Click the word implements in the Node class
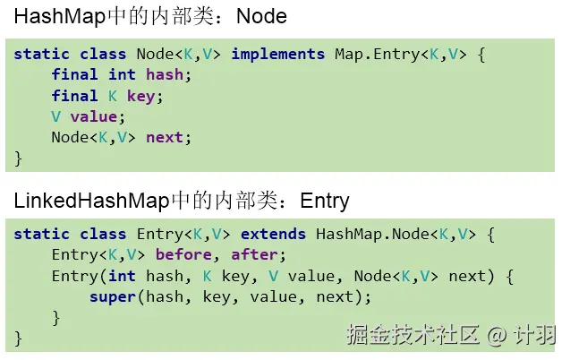point(278,55)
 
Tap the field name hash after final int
point(164,75)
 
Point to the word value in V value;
point(94,116)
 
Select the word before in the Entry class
point(183,255)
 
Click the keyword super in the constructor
point(113,296)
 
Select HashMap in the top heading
point(53,17)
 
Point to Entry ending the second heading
point(325,200)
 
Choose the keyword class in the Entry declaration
point(103,235)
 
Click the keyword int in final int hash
point(122,75)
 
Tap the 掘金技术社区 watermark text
point(413,335)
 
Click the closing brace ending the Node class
point(19,158)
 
